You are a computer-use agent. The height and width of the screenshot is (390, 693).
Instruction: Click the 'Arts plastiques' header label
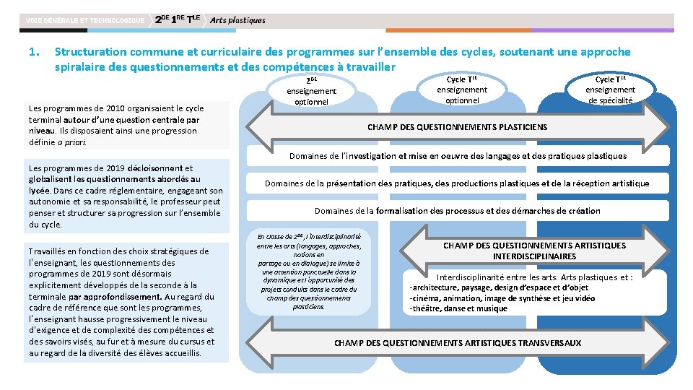pyautogui.click(x=237, y=20)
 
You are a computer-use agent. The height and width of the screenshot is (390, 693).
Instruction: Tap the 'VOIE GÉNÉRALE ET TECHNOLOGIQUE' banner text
pyautogui.click(x=84, y=20)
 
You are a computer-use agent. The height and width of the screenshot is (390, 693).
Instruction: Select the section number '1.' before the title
pyautogui.click(x=32, y=52)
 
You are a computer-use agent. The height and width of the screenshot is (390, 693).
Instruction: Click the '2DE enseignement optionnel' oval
pyautogui.click(x=311, y=91)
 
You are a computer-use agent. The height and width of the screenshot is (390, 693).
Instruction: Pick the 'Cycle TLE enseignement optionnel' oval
pyautogui.click(x=461, y=90)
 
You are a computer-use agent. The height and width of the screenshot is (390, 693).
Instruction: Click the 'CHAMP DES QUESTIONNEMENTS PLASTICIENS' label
pyautogui.click(x=457, y=127)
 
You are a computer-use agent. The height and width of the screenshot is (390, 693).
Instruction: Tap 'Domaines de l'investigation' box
pyautogui.click(x=458, y=156)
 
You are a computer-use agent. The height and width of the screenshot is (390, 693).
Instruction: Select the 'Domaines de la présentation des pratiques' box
pyautogui.click(x=457, y=183)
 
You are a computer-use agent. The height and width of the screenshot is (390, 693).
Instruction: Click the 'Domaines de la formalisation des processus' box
pyautogui.click(x=457, y=211)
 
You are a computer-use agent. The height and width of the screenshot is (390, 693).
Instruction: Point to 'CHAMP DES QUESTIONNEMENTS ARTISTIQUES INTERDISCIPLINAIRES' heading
pyautogui.click(x=534, y=251)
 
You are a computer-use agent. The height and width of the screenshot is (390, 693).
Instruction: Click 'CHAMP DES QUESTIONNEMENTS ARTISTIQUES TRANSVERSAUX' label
pyautogui.click(x=457, y=342)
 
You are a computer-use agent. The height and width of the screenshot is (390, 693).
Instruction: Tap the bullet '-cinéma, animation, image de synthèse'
pyautogui.click(x=502, y=298)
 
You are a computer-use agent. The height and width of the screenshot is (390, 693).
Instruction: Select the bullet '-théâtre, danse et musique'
pyautogui.click(x=458, y=308)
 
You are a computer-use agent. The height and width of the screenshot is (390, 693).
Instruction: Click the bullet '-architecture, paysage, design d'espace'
pyautogui.click(x=499, y=287)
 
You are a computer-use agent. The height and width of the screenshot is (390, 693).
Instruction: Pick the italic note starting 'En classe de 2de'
pyautogui.click(x=309, y=271)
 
